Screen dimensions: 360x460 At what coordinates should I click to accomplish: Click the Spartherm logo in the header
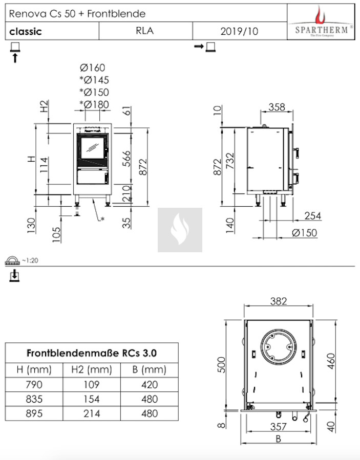pos(321,22)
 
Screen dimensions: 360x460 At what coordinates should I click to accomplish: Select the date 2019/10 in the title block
pos(239,31)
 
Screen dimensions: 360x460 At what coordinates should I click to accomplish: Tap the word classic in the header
pos(26,31)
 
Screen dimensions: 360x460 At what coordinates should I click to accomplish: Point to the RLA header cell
pos(145,31)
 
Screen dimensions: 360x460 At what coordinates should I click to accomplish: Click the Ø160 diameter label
pos(92,68)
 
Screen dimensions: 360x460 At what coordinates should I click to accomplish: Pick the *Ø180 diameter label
pos(94,104)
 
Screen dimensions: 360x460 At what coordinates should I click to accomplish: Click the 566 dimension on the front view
pos(126,159)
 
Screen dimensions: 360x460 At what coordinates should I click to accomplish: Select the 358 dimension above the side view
pos(277,107)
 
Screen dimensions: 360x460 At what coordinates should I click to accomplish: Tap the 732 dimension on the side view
pos(230,161)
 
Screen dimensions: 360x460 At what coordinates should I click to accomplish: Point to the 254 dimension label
pos(313,215)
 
